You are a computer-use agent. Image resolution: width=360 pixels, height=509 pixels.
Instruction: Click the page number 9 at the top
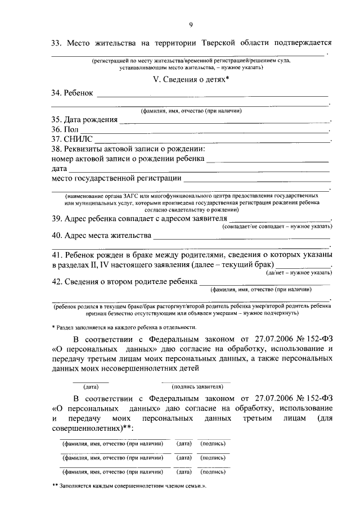coord(191,23)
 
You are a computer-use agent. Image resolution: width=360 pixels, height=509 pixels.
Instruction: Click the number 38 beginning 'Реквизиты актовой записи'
coord(57,149)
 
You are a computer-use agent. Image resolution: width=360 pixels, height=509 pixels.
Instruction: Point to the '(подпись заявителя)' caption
coord(198,387)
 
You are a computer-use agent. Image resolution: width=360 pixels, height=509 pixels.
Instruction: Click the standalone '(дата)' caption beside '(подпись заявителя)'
coord(91,387)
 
